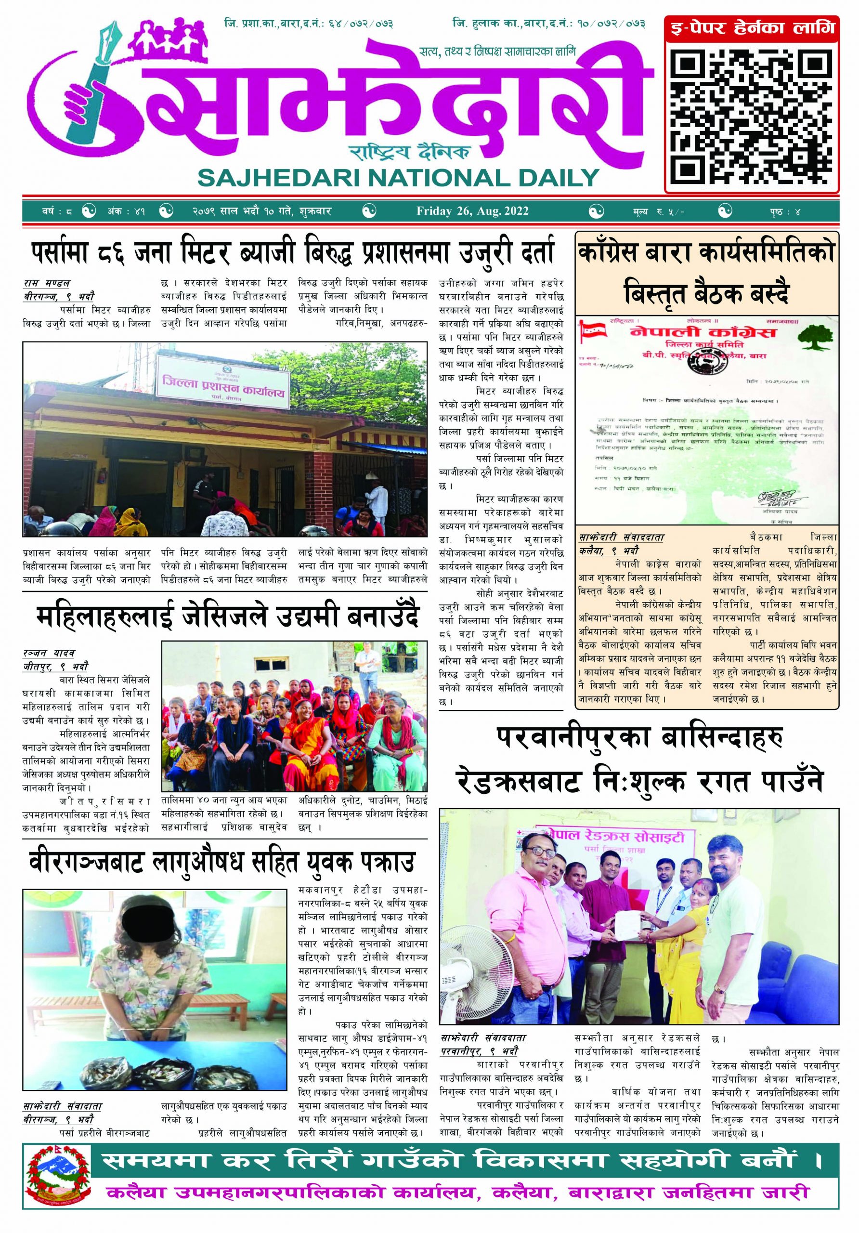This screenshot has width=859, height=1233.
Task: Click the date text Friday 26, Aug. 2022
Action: [x=472, y=211]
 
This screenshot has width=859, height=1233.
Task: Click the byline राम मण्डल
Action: [x=47, y=283]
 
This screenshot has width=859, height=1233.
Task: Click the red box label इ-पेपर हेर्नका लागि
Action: [x=752, y=27]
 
